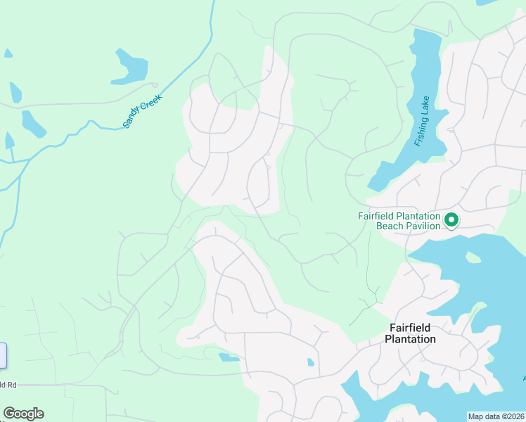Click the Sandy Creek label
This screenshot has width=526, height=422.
pyautogui.click(x=143, y=111)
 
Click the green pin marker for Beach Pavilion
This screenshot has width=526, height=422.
pyautogui.click(x=451, y=220)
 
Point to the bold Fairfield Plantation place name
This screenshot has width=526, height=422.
pyautogui.click(x=410, y=333)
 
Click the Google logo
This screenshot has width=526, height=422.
pyautogui.click(x=23, y=414)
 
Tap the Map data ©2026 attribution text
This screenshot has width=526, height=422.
pyautogui.click(x=496, y=416)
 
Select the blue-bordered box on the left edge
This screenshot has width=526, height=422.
pyautogui.click(x=3, y=355)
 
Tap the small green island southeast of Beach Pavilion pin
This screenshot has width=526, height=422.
pyautogui.click(x=473, y=257)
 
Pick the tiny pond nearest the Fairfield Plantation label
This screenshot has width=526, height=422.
pyautogui.click(x=311, y=363)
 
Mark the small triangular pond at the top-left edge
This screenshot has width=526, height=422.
pyautogui.click(x=8, y=53)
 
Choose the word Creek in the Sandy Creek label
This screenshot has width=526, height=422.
pyautogui.click(x=151, y=102)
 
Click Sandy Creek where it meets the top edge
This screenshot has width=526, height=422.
pyautogui.click(x=213, y=2)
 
